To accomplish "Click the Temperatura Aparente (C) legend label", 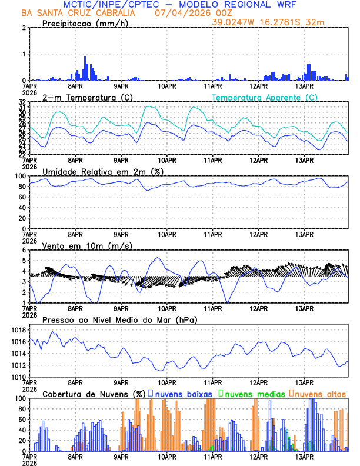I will [264, 97].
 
